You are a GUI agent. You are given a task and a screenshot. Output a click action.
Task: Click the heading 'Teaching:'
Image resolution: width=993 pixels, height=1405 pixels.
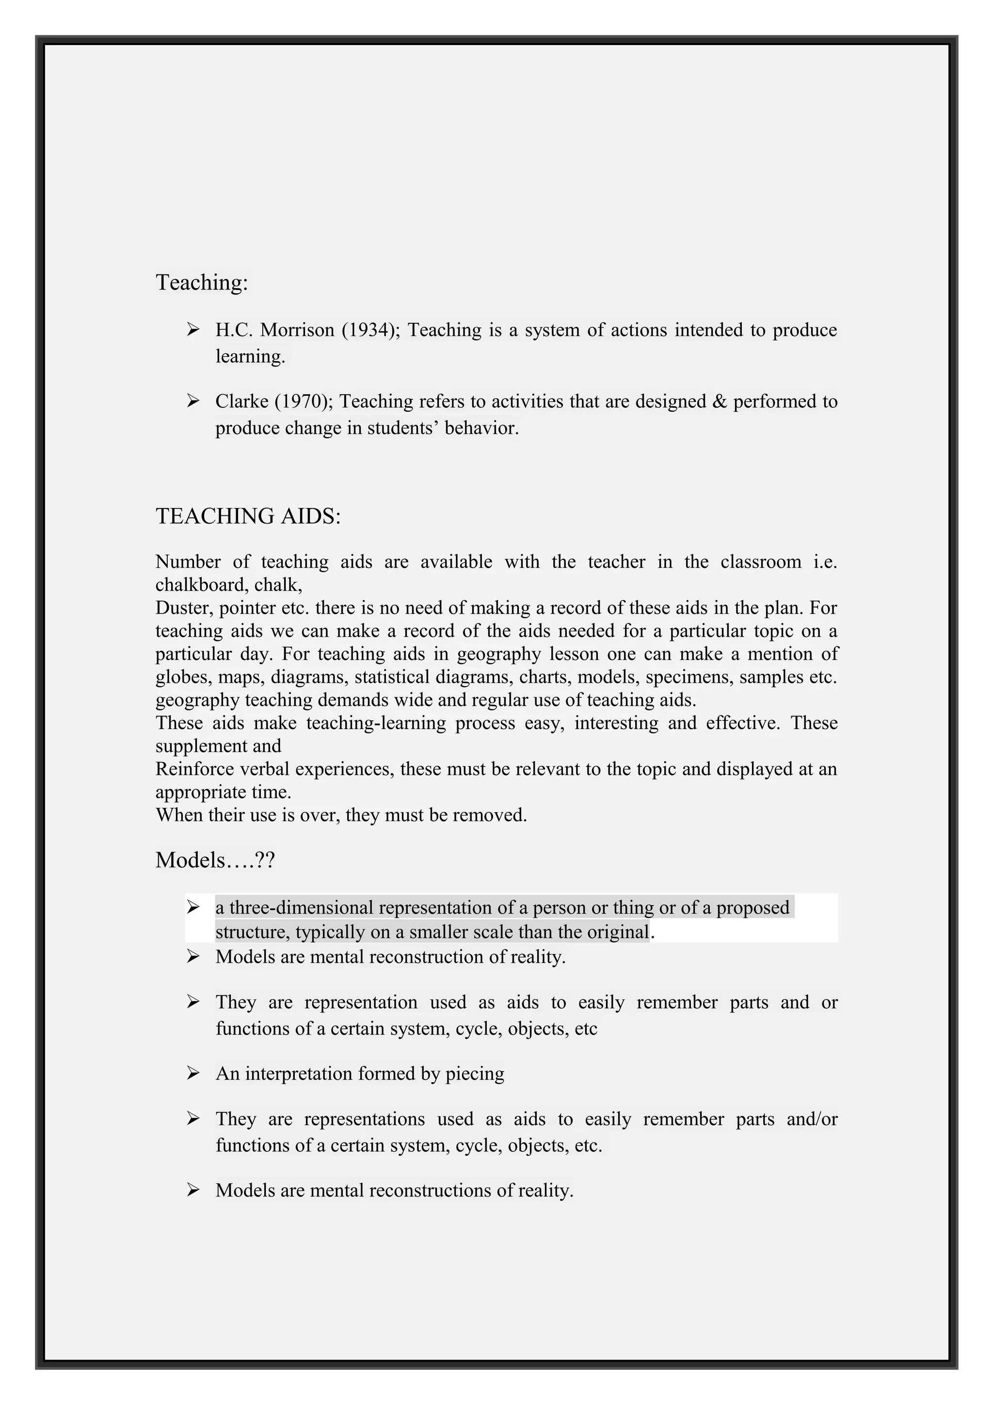[x=202, y=282]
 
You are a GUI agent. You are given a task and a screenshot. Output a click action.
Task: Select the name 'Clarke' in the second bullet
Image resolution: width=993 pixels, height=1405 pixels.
[x=241, y=401]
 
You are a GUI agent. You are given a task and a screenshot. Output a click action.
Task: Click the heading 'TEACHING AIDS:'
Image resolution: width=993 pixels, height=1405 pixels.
[x=248, y=516]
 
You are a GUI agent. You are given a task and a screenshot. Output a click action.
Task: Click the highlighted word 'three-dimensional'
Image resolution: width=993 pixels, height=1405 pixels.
[x=301, y=907]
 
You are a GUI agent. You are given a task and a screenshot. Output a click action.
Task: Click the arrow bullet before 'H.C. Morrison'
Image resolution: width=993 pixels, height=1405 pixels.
[x=193, y=330]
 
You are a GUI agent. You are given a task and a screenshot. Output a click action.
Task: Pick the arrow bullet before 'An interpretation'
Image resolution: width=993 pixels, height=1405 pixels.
[x=193, y=1073]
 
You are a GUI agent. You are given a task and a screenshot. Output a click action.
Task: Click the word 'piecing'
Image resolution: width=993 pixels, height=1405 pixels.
[x=475, y=1073]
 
